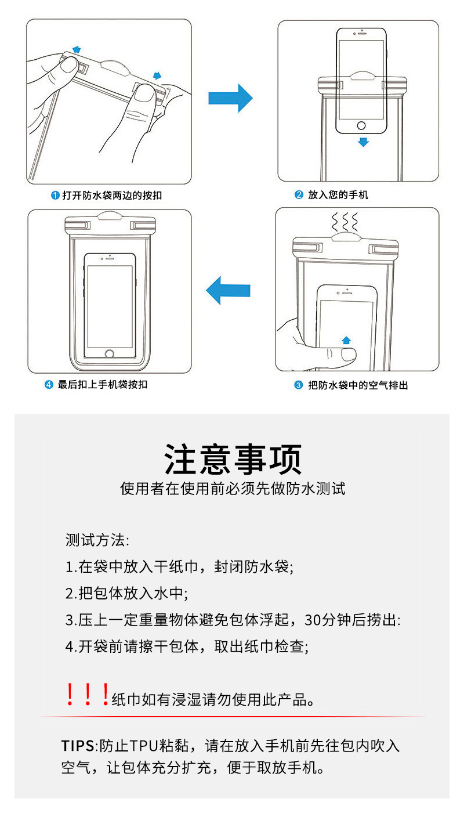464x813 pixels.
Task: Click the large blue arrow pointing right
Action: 230,97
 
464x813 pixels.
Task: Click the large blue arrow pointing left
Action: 229,290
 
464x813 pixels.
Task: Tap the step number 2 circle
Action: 299,195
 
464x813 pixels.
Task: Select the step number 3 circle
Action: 299,385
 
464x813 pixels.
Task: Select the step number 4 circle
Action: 49,384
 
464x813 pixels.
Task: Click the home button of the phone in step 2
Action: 362,125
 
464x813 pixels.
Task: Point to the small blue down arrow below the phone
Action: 363,142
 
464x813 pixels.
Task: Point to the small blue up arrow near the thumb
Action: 346,340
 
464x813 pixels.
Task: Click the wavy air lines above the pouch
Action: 345,222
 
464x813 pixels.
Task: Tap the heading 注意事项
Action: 233,460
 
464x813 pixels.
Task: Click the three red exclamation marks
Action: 87,695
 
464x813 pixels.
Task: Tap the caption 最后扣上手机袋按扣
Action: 102,384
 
